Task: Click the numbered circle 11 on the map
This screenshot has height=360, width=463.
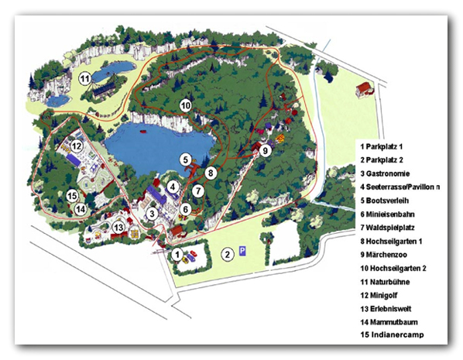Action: [84, 77]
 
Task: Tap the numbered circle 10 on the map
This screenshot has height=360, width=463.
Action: [185, 105]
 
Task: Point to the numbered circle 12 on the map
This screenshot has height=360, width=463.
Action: [77, 146]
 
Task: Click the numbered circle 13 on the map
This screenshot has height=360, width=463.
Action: [118, 227]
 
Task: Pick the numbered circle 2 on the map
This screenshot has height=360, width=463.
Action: [228, 253]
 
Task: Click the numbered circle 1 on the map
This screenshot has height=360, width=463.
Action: [177, 253]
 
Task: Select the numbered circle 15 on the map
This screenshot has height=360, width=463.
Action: [72, 195]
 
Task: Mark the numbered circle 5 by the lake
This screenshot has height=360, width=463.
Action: [186, 159]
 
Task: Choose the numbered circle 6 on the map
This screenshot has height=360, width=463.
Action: [185, 208]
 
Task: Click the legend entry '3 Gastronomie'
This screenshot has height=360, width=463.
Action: [385, 173]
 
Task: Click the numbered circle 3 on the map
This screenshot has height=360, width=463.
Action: [153, 213]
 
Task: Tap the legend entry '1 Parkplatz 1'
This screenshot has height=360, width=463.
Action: [382, 146]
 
